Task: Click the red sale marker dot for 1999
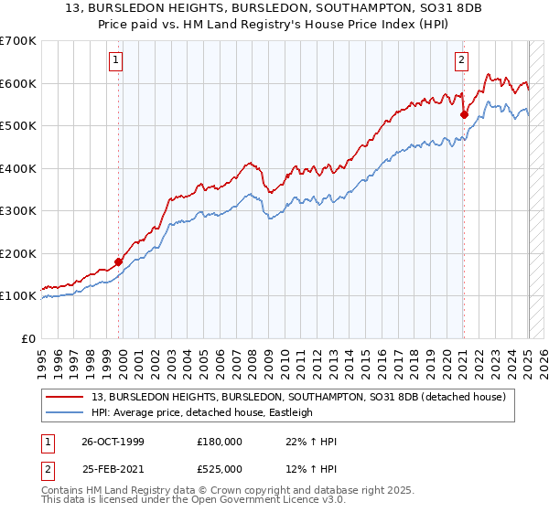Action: (119, 262)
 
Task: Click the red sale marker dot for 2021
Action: (464, 115)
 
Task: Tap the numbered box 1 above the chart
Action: (117, 61)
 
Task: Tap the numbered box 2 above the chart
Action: (461, 61)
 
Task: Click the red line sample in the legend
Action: (67, 397)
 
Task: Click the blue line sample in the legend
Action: (67, 412)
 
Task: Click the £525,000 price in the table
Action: (220, 469)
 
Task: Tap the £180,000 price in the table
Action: (220, 442)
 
